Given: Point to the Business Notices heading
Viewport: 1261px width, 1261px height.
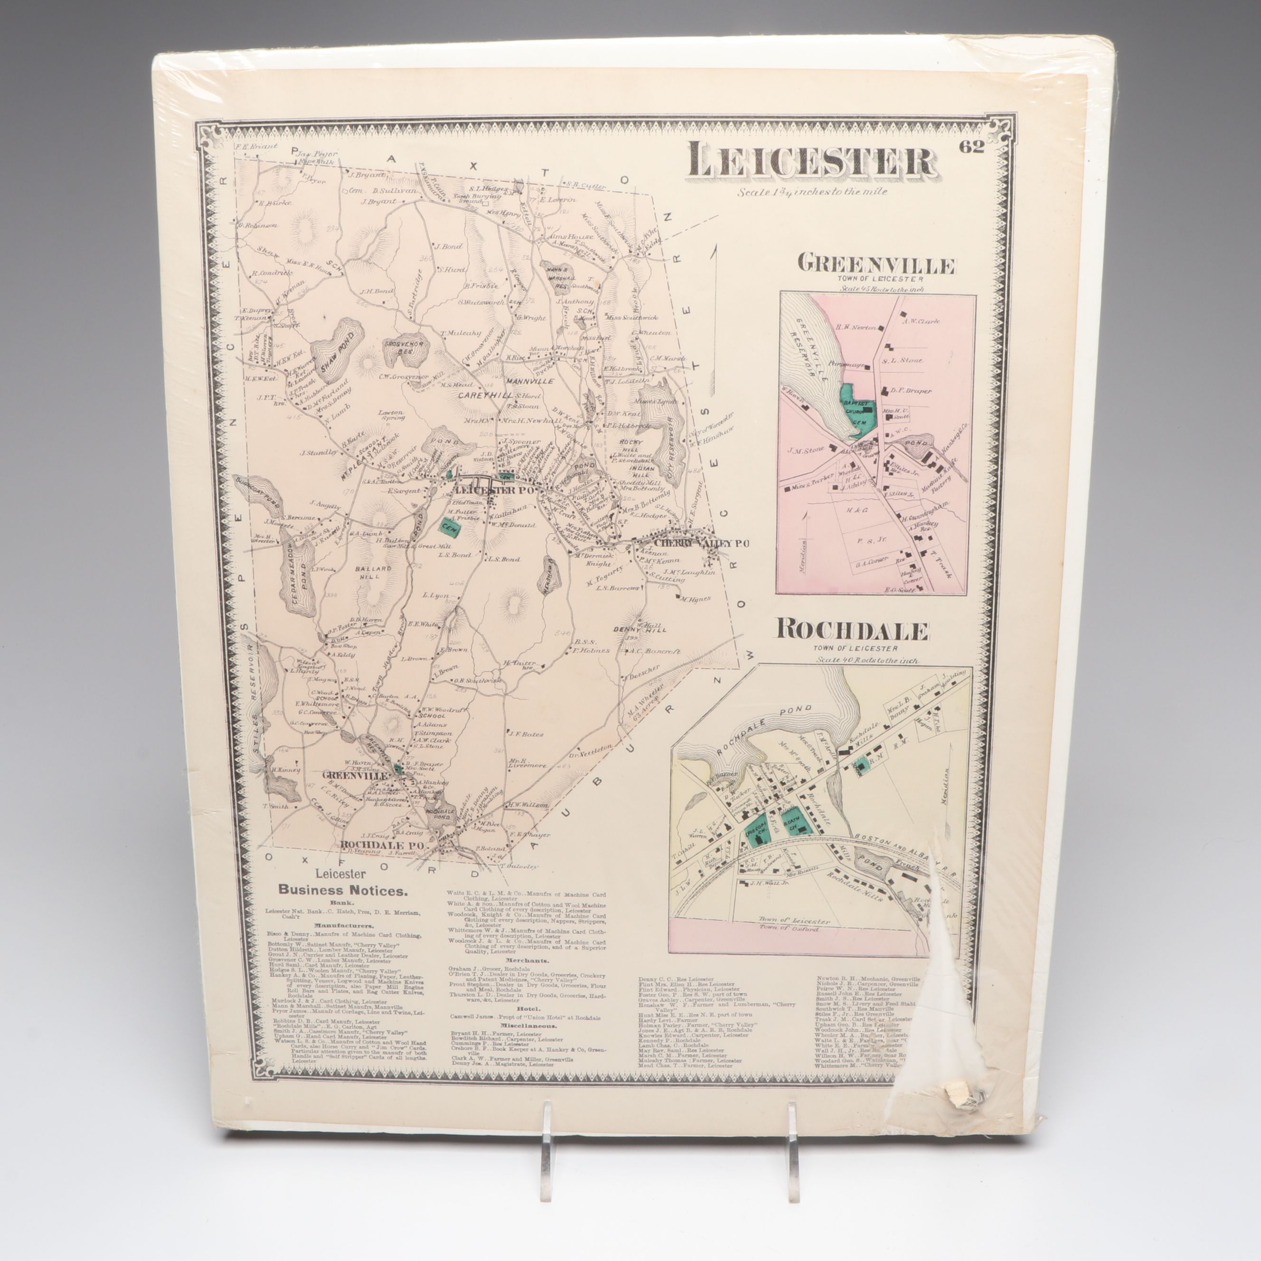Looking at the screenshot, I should coord(343,889).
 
